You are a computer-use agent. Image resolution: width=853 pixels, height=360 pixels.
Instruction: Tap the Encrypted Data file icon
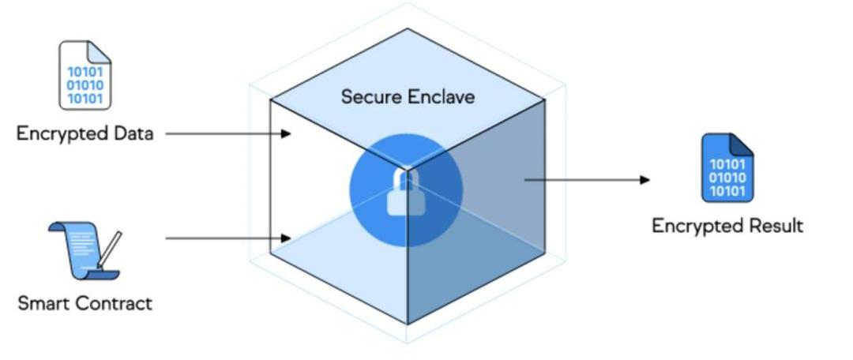(85, 76)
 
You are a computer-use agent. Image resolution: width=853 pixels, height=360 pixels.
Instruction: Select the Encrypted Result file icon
(727, 168)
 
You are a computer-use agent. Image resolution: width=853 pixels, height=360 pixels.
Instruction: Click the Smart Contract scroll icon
(82, 251)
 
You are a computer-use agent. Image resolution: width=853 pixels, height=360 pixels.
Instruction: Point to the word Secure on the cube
(371, 97)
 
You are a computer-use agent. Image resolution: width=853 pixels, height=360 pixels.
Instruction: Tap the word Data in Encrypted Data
(132, 133)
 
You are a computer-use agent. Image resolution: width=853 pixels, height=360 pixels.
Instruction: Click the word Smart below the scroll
(45, 303)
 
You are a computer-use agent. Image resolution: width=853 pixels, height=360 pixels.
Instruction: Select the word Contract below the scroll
(115, 303)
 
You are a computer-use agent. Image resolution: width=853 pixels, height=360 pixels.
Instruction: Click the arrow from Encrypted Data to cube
(228, 134)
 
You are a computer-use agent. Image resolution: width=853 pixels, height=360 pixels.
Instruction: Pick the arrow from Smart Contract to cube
(228, 238)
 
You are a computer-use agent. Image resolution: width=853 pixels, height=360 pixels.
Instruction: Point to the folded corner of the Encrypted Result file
(742, 144)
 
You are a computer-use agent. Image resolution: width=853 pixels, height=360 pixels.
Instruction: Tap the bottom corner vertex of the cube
(408, 324)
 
